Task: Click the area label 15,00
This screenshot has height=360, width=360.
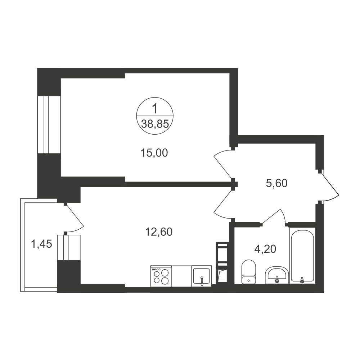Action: [154, 153]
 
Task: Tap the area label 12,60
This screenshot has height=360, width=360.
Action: [159, 232]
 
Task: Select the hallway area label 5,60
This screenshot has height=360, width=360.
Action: [276, 184]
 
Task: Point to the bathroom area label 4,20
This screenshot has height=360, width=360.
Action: [265, 249]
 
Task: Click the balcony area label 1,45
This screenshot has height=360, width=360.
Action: [41, 244]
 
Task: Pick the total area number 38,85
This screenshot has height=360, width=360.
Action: [155, 124]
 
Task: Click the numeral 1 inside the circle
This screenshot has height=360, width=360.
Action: [155, 109]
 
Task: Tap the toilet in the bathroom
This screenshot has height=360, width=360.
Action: [249, 271]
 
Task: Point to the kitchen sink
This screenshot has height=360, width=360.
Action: [202, 276]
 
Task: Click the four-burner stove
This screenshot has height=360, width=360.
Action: [161, 276]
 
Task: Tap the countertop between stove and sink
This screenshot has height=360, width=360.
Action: [181, 276]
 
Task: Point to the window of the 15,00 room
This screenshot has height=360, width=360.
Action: [49, 125]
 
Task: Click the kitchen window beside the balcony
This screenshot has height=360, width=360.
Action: [69, 247]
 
